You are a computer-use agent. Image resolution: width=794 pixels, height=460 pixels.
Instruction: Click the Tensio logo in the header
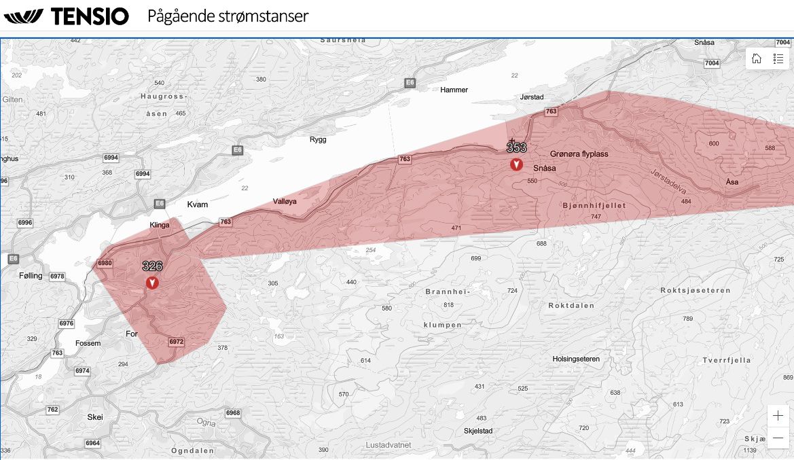pyautogui.click(x=67, y=16)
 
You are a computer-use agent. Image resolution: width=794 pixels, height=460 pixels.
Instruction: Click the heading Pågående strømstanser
pyautogui.click(x=228, y=16)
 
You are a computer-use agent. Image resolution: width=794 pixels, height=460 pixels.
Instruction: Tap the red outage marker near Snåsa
pyautogui.click(x=516, y=164)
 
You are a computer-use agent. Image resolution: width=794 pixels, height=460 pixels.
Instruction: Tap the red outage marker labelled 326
pyautogui.click(x=152, y=282)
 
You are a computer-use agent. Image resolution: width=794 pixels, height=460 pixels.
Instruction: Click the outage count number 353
pyautogui.click(x=516, y=147)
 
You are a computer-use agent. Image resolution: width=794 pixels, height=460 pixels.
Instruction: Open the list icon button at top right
pyautogui.click(x=778, y=58)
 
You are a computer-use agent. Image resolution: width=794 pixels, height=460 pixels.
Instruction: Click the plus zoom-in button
pyautogui.click(x=778, y=416)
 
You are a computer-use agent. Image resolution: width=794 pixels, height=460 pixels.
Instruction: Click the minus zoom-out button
pyautogui.click(x=778, y=438)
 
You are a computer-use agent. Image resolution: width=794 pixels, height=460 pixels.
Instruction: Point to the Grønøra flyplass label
pyautogui.click(x=579, y=154)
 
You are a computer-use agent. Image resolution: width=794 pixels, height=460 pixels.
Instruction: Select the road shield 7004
pyautogui.click(x=712, y=63)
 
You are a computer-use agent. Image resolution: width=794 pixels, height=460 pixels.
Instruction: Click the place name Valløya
pyautogui.click(x=285, y=202)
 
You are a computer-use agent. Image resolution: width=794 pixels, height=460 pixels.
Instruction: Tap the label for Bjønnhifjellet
pyautogui.click(x=594, y=205)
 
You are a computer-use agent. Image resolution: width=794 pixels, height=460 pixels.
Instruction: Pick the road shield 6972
pyautogui.click(x=176, y=342)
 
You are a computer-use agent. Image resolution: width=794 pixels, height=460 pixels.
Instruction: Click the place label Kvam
pyautogui.click(x=197, y=205)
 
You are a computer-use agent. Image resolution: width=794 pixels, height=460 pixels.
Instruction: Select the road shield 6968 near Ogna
pyautogui.click(x=233, y=413)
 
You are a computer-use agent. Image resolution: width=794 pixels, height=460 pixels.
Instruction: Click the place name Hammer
pyautogui.click(x=454, y=90)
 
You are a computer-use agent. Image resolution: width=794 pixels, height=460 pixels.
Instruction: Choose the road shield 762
pyautogui.click(x=52, y=410)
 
